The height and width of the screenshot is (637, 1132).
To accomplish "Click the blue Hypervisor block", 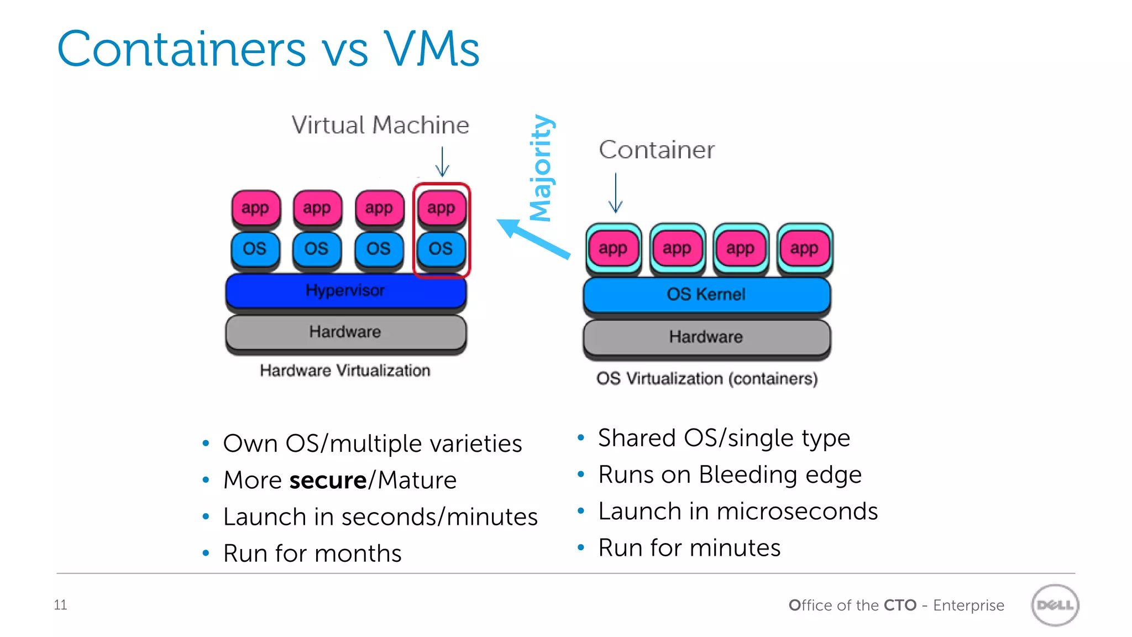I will coord(345,291).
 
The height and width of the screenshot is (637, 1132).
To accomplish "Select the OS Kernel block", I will coord(706,294).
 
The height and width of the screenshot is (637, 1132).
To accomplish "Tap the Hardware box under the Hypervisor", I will coord(345,332).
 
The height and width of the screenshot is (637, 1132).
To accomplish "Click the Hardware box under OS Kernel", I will coord(706,337).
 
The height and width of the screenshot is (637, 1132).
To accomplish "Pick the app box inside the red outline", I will coord(441,208).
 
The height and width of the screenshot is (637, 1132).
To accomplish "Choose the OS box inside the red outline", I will coord(441,249).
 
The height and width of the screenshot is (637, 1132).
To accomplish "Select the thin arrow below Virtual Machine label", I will coord(442,161).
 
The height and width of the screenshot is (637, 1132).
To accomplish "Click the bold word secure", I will coord(328,480).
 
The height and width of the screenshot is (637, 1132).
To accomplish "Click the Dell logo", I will coord(1055,605).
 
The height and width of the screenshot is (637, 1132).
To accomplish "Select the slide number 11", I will coord(60,605).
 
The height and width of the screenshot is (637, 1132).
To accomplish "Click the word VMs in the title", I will coord(432,49).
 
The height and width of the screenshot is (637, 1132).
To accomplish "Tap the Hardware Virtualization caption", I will coord(345,370).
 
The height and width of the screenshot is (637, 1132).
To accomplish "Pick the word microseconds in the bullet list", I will coord(805,511).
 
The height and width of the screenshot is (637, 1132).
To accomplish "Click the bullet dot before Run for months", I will coord(206,553).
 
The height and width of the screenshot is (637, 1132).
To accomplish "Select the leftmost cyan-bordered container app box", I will coord(613,249).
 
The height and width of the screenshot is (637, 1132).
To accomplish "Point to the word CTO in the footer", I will coord(900,605).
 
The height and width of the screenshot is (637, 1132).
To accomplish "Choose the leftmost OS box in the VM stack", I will coord(255,249).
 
